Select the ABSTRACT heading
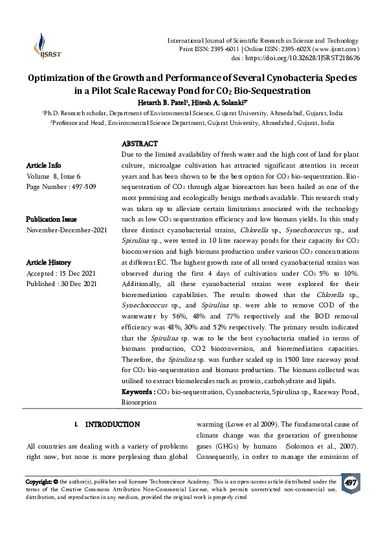click(x=140, y=144)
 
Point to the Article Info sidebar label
click(x=44, y=165)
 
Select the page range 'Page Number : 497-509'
click(x=58, y=186)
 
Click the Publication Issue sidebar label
click(x=52, y=219)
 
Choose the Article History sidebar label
click(x=49, y=263)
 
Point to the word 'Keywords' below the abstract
click(x=138, y=392)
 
